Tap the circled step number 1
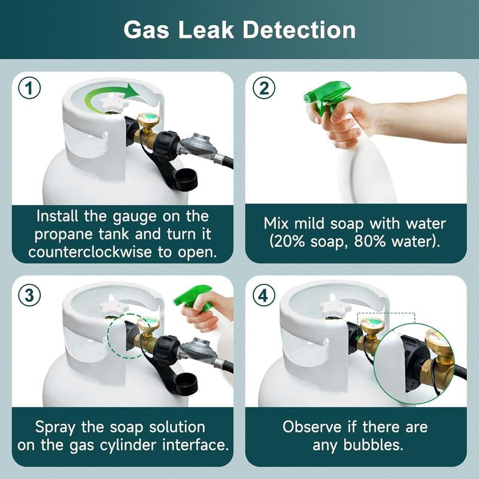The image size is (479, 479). click(29, 89)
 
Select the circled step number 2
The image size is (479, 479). click(263, 89)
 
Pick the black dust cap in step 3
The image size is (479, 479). click(185, 383)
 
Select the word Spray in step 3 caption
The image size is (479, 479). click(58, 428)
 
